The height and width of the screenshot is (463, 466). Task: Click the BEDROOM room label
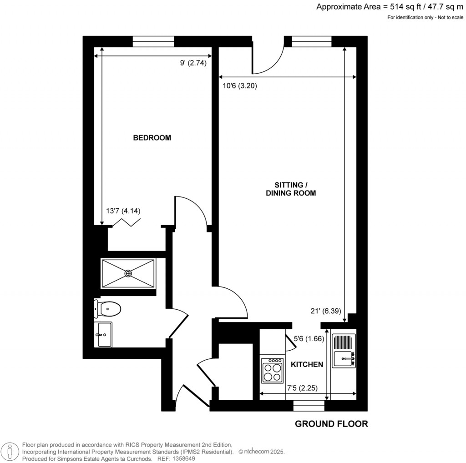(152, 138)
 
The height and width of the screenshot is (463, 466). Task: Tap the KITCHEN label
(307, 364)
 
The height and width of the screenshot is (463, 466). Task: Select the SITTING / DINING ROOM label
(291, 189)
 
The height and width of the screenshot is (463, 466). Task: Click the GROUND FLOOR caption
(331, 424)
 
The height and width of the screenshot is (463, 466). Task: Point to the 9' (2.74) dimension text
(193, 63)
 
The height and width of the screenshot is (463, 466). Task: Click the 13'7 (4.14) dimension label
(123, 211)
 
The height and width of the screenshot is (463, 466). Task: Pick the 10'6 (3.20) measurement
(240, 86)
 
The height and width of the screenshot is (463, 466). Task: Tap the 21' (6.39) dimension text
(326, 311)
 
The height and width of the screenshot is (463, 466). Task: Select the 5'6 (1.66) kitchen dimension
(309, 338)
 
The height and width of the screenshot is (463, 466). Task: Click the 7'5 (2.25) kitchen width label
(302, 388)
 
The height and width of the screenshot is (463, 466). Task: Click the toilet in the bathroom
(107, 309)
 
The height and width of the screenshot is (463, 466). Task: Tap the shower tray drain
(128, 273)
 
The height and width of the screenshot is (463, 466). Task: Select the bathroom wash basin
(103, 334)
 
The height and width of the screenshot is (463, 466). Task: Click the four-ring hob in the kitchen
(273, 371)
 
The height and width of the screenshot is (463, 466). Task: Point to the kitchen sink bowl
(343, 359)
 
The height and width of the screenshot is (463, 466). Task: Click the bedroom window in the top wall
(153, 41)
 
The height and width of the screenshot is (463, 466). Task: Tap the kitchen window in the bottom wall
(309, 406)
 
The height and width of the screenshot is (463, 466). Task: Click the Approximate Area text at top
(390, 7)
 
